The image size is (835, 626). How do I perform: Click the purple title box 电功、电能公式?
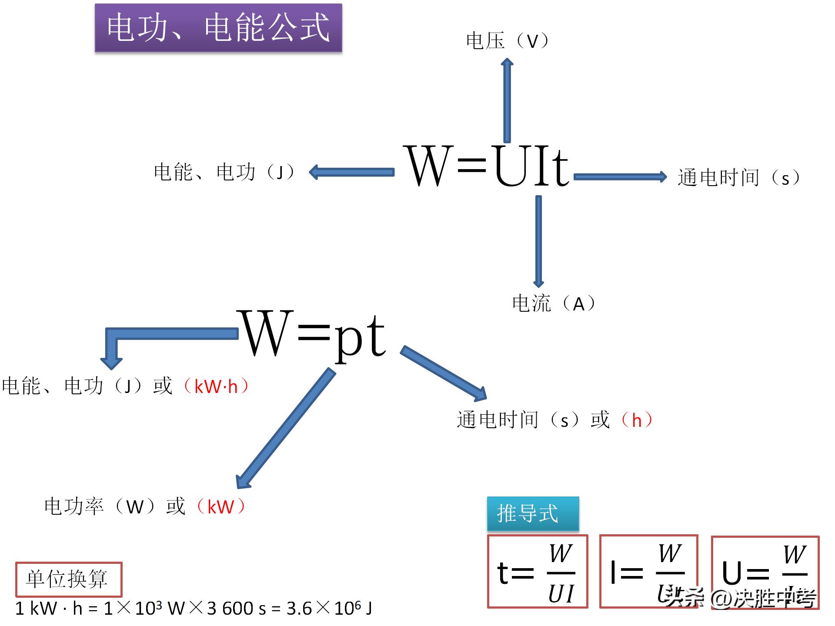[218, 28]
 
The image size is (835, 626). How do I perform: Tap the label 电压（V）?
[507, 41]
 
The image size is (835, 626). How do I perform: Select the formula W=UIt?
[488, 166]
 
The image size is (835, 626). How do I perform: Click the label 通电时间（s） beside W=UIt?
[738, 177]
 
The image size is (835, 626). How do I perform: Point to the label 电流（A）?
[554, 303]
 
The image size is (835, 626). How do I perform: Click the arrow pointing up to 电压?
[507, 100]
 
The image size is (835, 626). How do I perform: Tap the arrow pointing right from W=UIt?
[620, 176]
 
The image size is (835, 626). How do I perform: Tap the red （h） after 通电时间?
[637, 420]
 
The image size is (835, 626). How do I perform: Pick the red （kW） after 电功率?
[220, 506]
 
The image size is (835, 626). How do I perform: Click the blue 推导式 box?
[533, 513]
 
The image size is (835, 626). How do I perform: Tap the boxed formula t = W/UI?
[538, 572]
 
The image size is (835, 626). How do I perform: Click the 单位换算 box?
[69, 579]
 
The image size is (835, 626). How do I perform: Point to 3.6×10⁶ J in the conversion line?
[329, 608]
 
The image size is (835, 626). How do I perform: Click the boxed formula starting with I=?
[648, 572]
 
